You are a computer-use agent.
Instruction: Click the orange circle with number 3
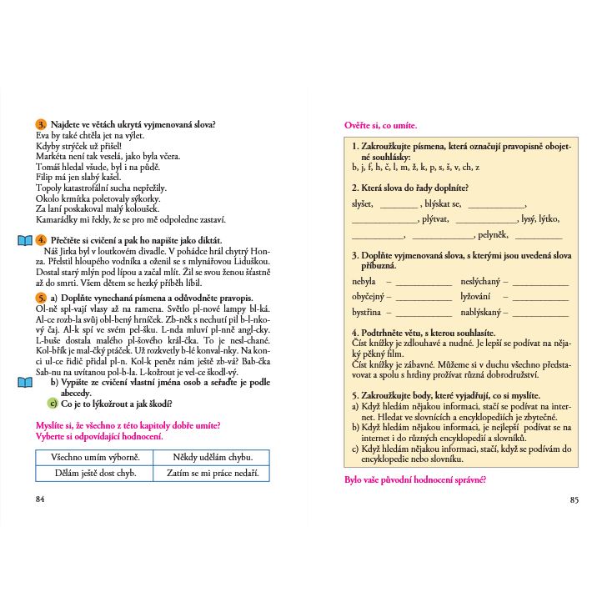click(40, 124)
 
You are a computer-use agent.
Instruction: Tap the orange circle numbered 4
click(40, 240)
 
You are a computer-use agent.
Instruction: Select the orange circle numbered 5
click(40, 298)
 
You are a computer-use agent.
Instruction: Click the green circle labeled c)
click(53, 403)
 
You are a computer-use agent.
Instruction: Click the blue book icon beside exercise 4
click(25, 241)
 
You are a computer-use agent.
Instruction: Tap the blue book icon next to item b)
click(25, 383)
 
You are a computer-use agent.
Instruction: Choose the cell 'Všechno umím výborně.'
click(95, 458)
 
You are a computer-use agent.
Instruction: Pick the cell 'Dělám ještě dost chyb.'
click(95, 474)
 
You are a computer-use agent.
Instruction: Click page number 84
click(40, 499)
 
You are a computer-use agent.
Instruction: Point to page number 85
click(574, 500)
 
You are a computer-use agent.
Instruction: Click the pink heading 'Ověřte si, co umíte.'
click(380, 125)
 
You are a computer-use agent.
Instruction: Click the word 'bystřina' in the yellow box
click(366, 312)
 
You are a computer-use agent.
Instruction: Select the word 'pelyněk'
click(491, 235)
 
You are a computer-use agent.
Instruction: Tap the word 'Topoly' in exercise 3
click(48, 188)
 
